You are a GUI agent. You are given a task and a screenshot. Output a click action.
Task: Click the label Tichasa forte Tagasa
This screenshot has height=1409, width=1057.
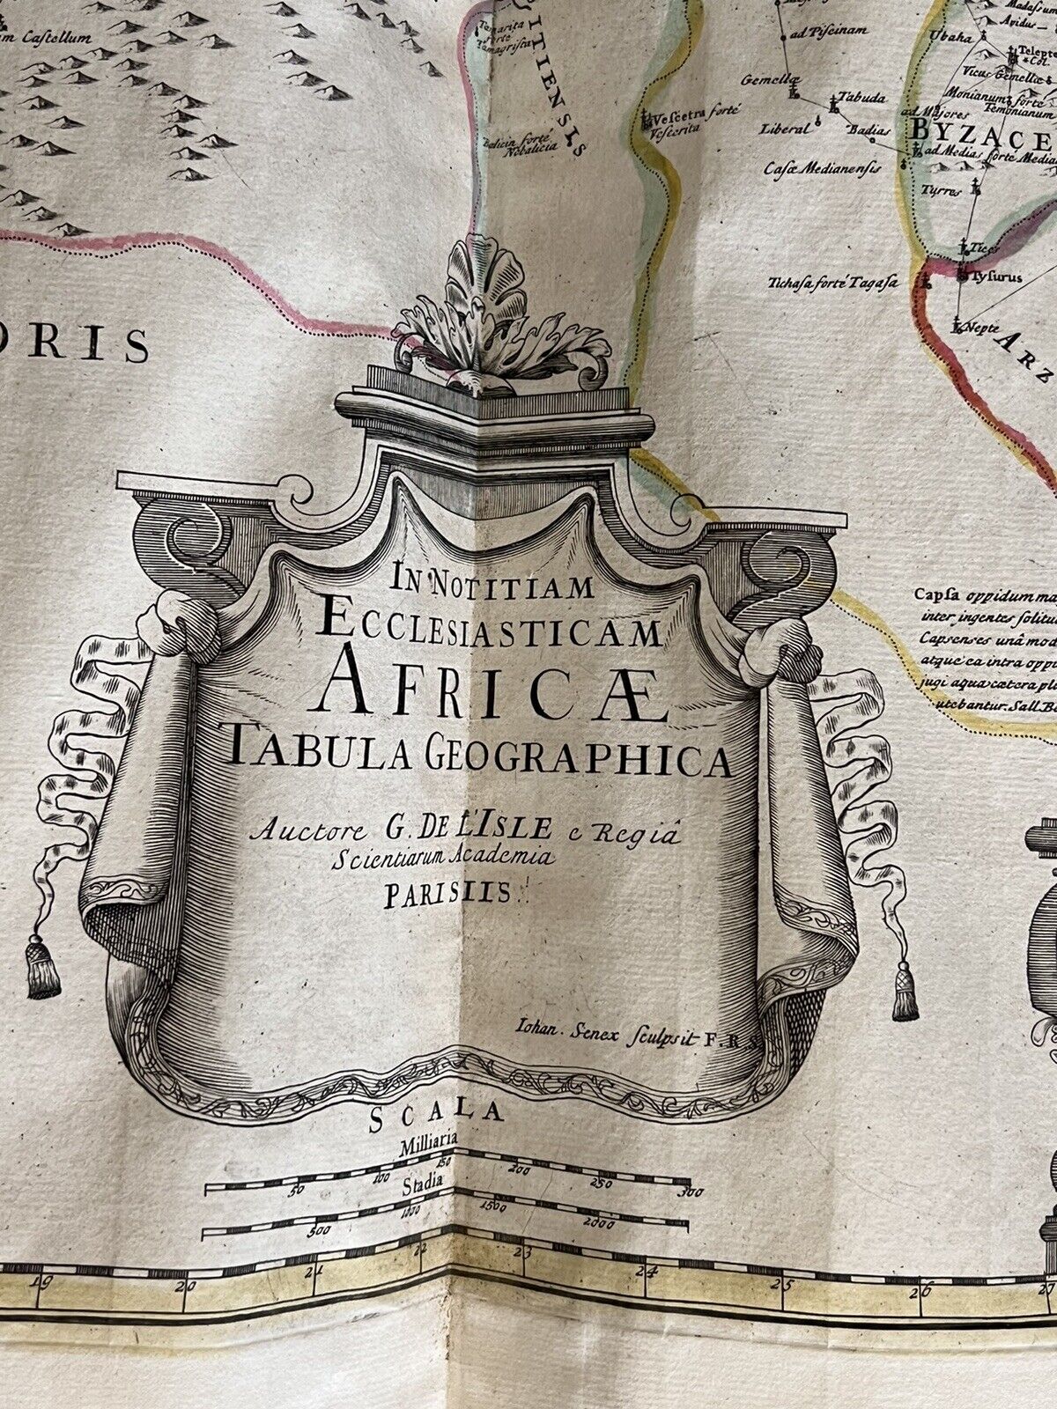pyautogui.click(x=831, y=283)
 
